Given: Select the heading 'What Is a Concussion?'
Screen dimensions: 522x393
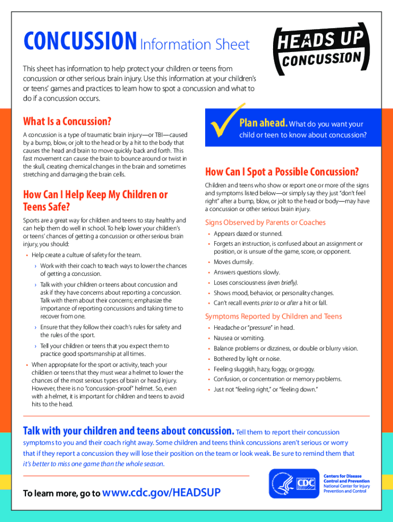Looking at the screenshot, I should coord(67,121).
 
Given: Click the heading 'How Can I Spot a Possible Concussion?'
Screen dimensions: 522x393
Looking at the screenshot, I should coord(282,171).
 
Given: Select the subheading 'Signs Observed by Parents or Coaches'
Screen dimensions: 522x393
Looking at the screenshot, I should coord(265,222).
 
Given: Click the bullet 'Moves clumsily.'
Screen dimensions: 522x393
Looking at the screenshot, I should coord(233,262).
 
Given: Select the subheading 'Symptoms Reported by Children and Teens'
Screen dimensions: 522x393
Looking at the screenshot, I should coord(273,316).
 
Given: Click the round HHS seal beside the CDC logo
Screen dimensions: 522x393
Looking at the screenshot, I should coord(281,484).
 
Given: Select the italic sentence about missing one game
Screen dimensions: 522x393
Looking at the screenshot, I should coord(94,464).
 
